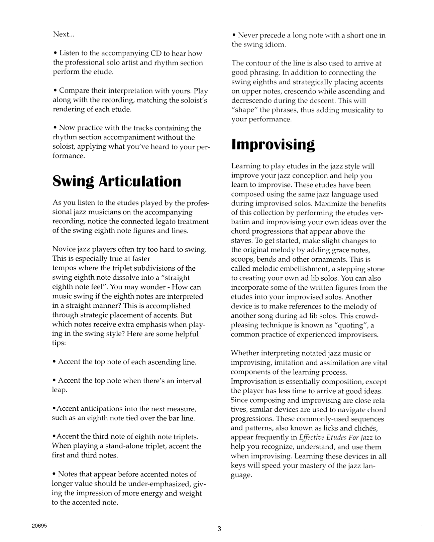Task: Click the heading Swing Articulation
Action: pyautogui.click(x=117, y=181)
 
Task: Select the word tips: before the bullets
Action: pyautogui.click(x=59, y=343)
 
